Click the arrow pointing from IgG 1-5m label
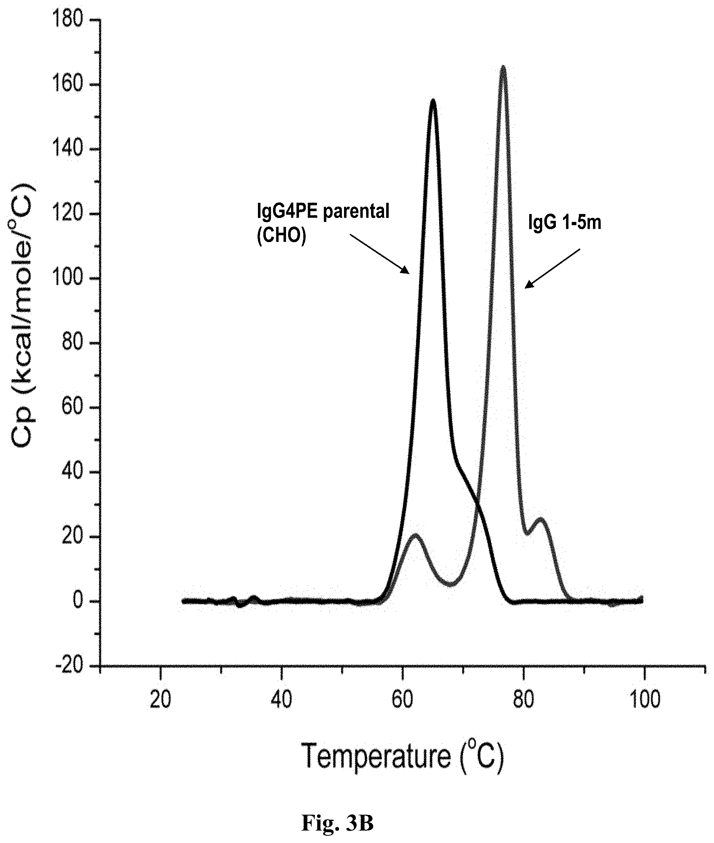(x=553, y=268)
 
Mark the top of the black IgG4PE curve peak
(x=433, y=99)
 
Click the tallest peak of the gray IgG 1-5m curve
(x=503, y=66)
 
